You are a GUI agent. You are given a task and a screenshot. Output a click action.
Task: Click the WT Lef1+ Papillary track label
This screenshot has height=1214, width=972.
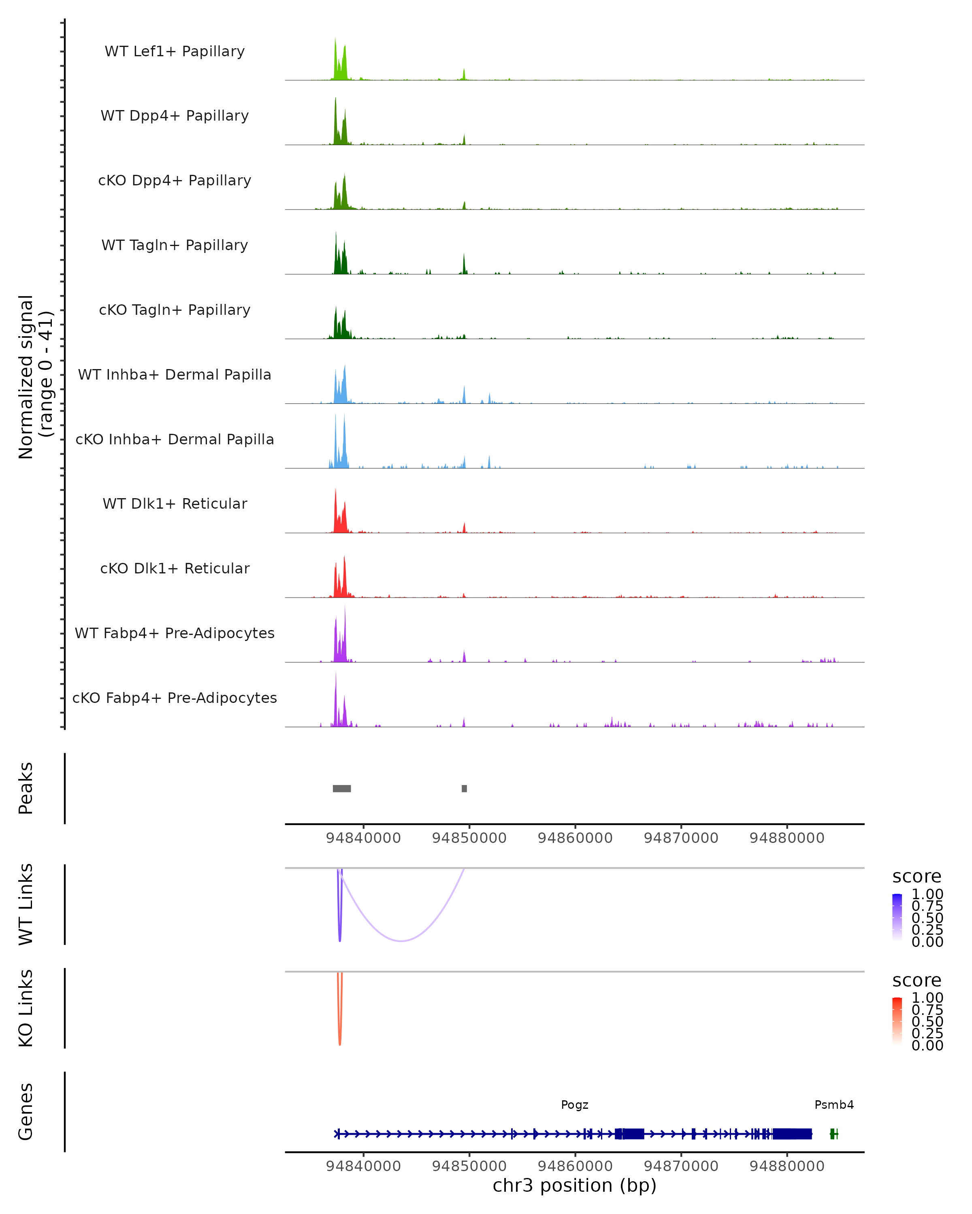click(175, 51)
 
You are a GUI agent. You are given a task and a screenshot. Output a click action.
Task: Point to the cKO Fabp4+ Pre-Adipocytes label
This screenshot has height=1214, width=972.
click(175, 698)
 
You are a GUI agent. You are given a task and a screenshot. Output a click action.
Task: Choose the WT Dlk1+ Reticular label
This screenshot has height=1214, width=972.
click(175, 503)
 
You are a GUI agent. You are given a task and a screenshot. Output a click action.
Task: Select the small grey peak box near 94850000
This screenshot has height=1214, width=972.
click(464, 788)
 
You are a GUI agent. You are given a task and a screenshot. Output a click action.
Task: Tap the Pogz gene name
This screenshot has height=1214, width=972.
click(574, 1105)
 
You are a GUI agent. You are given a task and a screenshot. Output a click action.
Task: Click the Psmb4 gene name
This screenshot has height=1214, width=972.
click(834, 1105)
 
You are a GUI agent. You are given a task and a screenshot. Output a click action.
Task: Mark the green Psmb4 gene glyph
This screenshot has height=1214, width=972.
click(833, 1134)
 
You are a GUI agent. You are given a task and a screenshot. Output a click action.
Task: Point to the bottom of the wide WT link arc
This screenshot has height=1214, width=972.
click(401, 941)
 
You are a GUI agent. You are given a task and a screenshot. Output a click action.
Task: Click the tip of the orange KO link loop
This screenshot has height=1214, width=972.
click(340, 1044)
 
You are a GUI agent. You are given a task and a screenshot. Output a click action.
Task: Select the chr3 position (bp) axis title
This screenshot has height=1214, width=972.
click(574, 1185)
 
